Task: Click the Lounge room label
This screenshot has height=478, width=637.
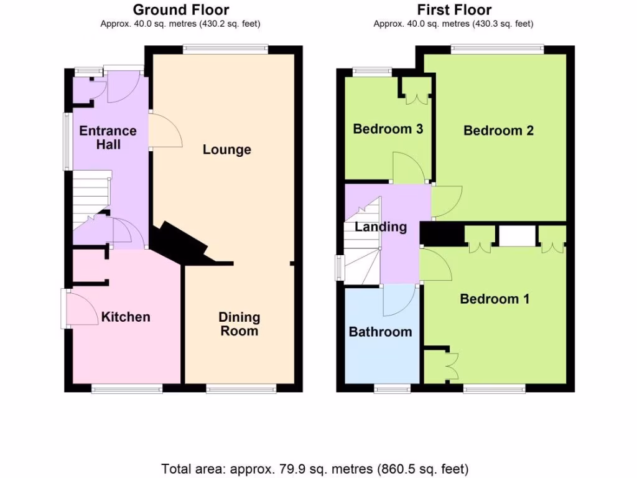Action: tap(227, 149)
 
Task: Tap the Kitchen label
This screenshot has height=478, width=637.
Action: tap(126, 317)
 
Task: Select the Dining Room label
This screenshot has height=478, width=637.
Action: tap(239, 324)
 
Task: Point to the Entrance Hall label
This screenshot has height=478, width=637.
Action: tap(108, 138)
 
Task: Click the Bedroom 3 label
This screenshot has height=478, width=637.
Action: tap(388, 129)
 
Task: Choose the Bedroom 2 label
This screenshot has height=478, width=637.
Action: tap(498, 131)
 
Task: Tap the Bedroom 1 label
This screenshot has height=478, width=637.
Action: tap(495, 299)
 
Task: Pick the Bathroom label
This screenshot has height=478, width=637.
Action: tap(380, 332)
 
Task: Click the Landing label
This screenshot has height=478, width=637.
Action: tap(381, 227)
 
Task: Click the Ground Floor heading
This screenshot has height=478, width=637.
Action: tap(180, 10)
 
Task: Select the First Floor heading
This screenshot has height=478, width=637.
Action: tap(454, 10)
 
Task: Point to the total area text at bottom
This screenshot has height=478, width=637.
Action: tap(315, 468)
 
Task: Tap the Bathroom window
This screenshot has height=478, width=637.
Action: tap(392, 389)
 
